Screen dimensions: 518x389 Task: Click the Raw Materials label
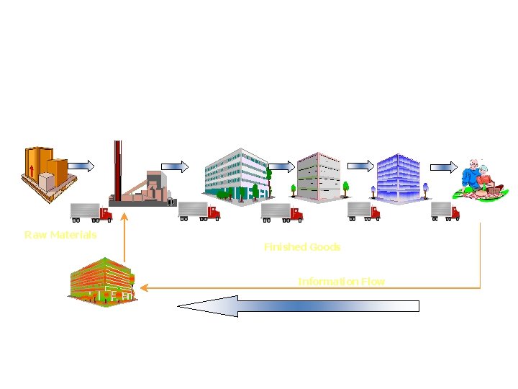[60, 235]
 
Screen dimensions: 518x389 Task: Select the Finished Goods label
[302, 247]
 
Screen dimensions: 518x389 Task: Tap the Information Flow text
[342, 281]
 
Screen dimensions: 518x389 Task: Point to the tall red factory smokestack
[118, 169]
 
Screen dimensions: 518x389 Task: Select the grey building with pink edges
[318, 177]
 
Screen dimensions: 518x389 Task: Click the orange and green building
[102, 282]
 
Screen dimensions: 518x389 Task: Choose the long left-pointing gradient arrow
[298, 306]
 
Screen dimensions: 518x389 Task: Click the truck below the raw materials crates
[91, 212]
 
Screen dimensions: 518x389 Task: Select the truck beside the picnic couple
[445, 210]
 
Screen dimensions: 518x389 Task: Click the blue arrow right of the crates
[81, 166]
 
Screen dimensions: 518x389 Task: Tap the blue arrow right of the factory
[174, 166]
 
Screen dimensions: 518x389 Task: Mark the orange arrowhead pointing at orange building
[144, 288]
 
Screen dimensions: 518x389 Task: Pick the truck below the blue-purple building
[364, 210]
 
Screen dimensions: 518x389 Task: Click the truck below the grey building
[281, 212]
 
